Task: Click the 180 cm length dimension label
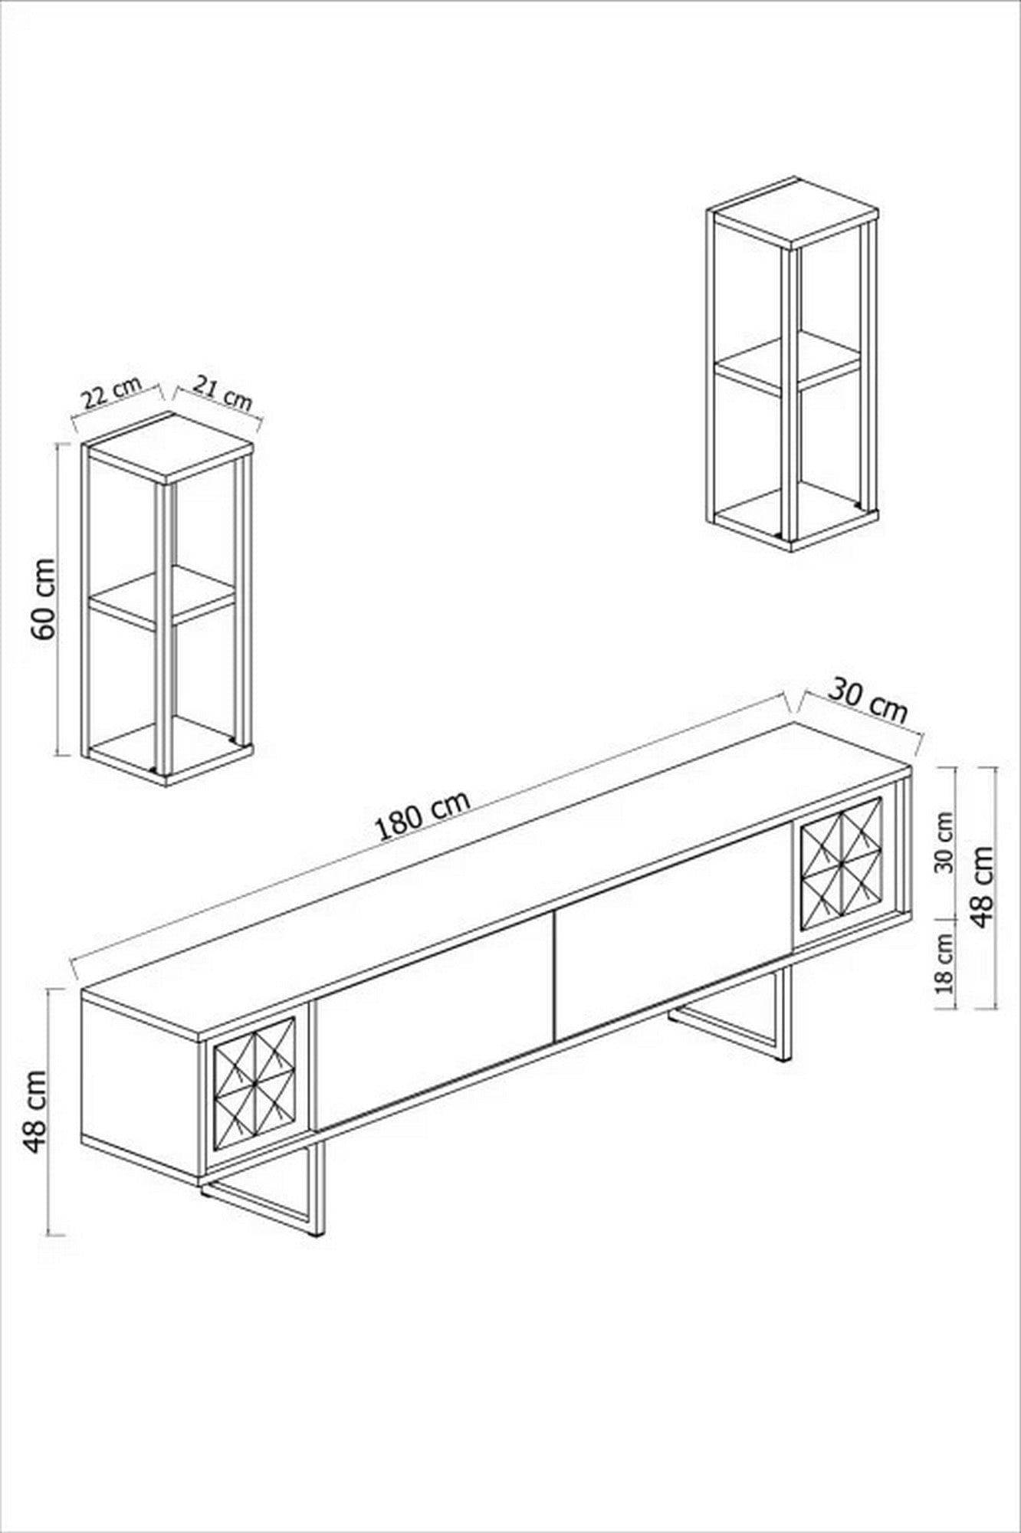point(423,816)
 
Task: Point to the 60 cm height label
point(44,599)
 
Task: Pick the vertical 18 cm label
point(946,963)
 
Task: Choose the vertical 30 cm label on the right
point(946,842)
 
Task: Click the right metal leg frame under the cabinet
point(732,1012)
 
